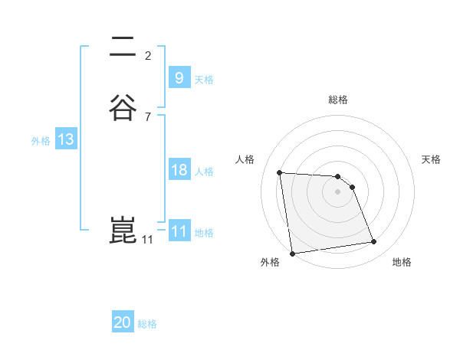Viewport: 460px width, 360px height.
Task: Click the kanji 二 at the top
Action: coord(123,48)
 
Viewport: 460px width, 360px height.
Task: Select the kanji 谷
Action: coord(123,107)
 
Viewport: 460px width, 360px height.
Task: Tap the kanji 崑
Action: coord(123,231)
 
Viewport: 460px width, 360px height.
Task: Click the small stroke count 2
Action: coord(148,55)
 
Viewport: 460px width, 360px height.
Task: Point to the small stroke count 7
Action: coord(148,116)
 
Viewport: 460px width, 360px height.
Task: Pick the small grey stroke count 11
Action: coord(147,240)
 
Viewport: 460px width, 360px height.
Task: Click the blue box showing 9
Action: coord(179,77)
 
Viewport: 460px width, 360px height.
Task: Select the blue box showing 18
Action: coord(179,170)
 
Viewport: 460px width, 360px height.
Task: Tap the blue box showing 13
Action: coord(65,139)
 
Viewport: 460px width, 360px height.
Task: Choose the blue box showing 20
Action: coord(123,322)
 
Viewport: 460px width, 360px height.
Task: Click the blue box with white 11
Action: coord(179,231)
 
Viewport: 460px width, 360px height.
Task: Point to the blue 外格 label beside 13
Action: coord(41,140)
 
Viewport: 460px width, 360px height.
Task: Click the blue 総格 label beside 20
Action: coord(147,324)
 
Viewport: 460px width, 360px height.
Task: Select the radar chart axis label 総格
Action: coord(338,100)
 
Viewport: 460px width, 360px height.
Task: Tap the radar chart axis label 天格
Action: coord(431,159)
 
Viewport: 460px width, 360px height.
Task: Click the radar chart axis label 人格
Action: coord(245,159)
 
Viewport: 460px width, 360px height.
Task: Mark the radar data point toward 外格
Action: coord(291,253)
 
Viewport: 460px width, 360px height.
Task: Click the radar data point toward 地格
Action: coord(374,242)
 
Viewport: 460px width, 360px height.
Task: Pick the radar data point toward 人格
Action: coord(280,172)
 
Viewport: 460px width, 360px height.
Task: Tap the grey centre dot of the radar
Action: coord(338,191)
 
